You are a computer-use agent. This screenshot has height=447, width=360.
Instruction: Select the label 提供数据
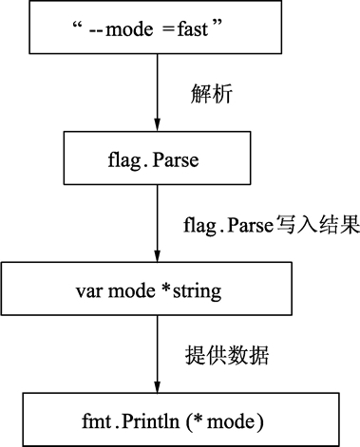tap(226, 356)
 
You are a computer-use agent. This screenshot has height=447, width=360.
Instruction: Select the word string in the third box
tap(199, 291)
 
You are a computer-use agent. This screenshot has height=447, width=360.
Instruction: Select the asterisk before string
tap(169, 289)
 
